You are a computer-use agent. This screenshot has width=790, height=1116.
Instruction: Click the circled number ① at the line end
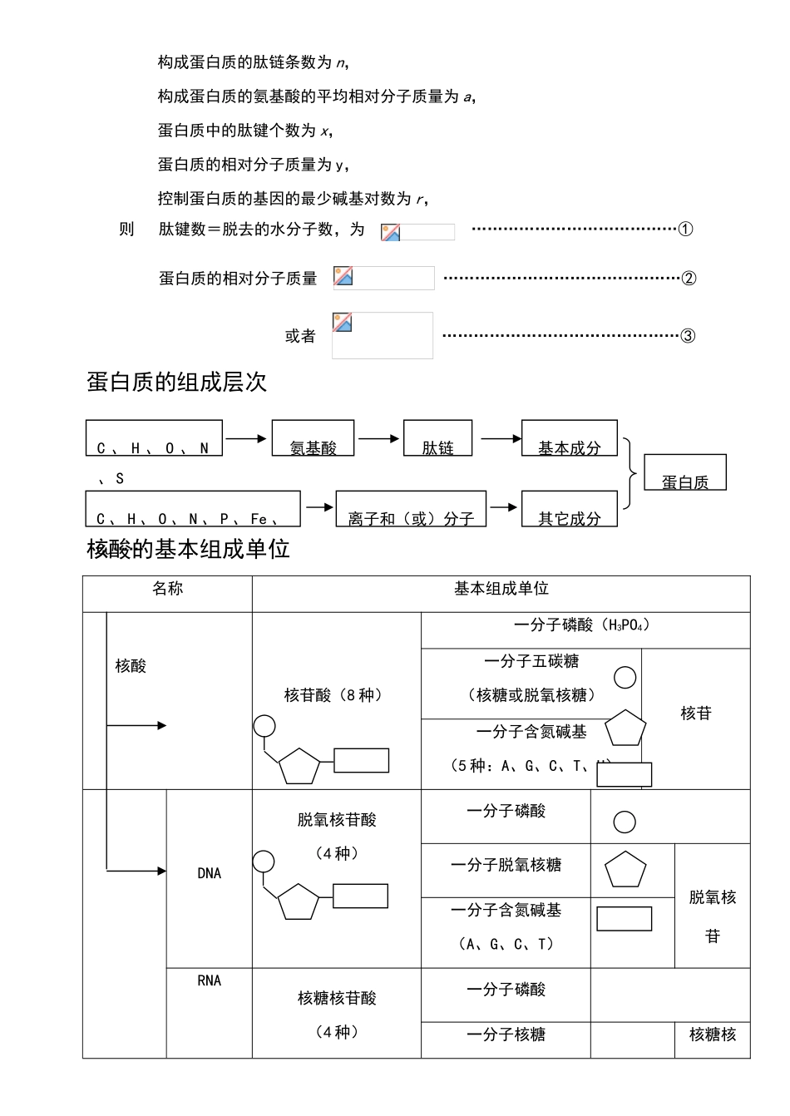click(x=685, y=230)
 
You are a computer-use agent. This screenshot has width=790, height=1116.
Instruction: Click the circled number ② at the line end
click(x=688, y=279)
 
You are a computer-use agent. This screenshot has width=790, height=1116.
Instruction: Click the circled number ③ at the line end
click(x=688, y=336)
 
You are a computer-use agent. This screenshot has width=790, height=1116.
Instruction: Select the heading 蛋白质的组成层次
click(x=176, y=383)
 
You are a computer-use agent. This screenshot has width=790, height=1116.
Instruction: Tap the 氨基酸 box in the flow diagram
click(x=313, y=439)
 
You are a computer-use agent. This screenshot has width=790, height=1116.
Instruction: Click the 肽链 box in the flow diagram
click(x=437, y=439)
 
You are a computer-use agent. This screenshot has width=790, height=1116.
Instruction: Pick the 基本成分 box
click(x=569, y=439)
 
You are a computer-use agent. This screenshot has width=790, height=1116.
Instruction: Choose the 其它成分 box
click(x=569, y=510)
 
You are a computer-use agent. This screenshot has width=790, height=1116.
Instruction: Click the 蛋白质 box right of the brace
click(x=685, y=473)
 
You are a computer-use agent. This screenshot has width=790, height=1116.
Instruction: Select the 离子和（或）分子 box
click(x=411, y=510)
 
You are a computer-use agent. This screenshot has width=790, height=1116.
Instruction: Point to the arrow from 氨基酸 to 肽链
click(x=378, y=438)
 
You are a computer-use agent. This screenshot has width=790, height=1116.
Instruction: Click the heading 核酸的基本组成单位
click(x=188, y=550)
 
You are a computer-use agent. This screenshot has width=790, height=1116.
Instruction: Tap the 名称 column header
click(x=167, y=589)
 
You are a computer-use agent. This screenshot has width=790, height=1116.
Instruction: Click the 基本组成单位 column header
click(x=501, y=589)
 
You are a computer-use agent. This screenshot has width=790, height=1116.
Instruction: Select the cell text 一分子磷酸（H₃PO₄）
click(x=582, y=625)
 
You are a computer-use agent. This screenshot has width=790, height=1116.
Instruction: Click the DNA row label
click(x=209, y=873)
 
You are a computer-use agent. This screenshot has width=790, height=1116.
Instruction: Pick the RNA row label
click(x=209, y=980)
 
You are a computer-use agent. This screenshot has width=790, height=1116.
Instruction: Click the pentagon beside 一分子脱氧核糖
click(x=625, y=872)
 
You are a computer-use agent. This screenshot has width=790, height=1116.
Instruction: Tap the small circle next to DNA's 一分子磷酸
click(x=625, y=822)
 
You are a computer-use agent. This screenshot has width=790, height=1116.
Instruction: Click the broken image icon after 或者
click(x=342, y=322)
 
